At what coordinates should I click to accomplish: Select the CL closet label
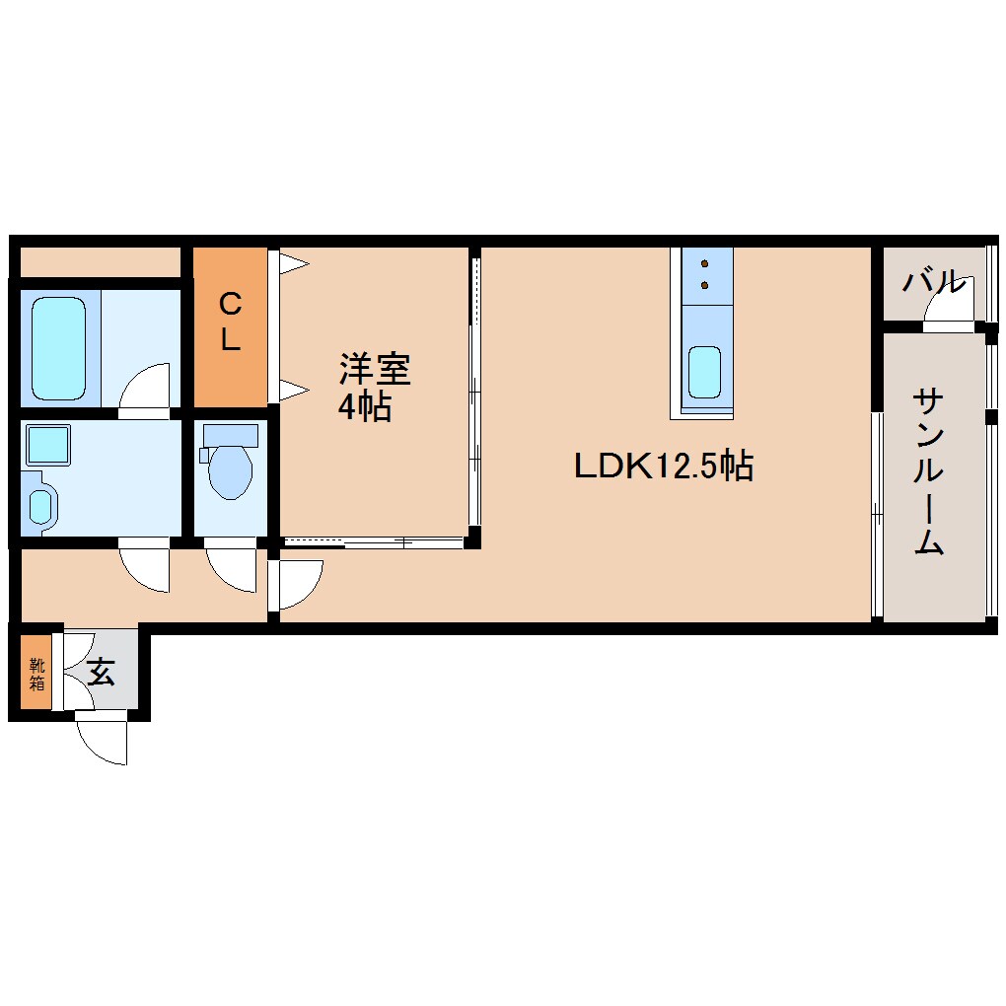click(x=230, y=321)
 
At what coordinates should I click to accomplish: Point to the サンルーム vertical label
click(x=928, y=471)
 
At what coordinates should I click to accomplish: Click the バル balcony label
click(x=932, y=282)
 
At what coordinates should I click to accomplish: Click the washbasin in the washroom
click(x=39, y=506)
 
